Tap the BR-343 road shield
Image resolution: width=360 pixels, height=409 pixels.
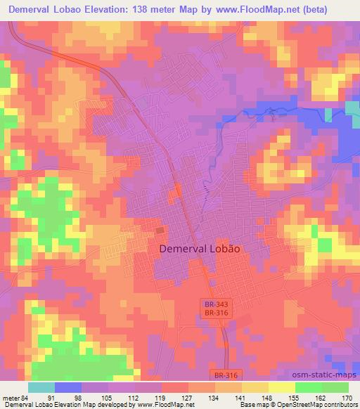click(212, 304)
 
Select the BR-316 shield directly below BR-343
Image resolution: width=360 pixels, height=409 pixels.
click(212, 313)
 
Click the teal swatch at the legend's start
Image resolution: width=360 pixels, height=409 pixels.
click(41, 387)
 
